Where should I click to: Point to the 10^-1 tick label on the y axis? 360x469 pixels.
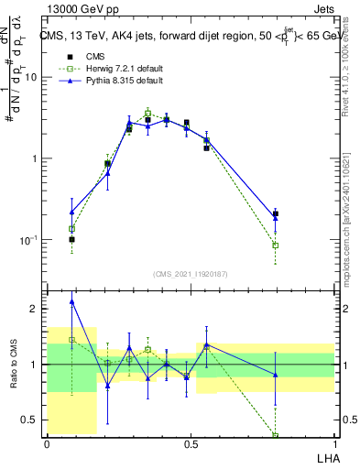tap(30, 240)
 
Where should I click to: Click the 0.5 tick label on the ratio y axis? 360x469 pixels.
tap(31, 420)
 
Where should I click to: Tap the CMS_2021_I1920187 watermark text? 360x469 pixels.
tap(191, 274)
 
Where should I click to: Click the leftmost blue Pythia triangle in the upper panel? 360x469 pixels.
tap(72, 212)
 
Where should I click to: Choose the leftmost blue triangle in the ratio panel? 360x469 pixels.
tap(72, 301)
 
